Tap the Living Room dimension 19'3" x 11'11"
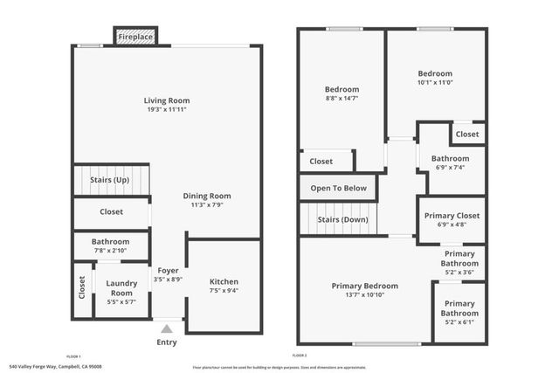coord(166,110)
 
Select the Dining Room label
coord(207,196)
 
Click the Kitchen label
coord(224,281)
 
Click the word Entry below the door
coord(166,342)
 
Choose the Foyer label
coord(167,270)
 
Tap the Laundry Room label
coord(121,287)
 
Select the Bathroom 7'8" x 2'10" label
coord(111,241)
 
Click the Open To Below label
coord(338,188)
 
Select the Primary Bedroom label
coord(364,286)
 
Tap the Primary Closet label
coord(452,216)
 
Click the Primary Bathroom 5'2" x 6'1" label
coord(459,308)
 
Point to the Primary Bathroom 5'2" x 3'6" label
coord(459,258)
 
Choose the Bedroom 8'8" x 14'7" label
coord(342,90)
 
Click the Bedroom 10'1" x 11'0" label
coord(435,73)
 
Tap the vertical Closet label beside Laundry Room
coord(82,287)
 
